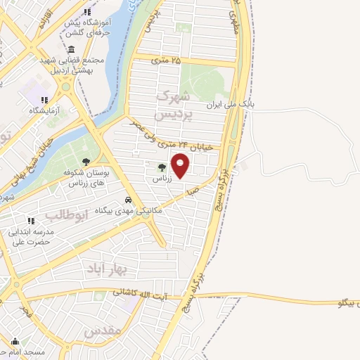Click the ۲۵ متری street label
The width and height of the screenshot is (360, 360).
click(x=166, y=60)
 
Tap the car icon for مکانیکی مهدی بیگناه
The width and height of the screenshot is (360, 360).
click(x=128, y=199)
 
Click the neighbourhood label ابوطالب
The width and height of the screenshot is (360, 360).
click(x=65, y=214)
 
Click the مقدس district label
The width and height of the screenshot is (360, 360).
click(x=103, y=330)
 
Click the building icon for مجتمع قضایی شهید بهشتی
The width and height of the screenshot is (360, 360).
click(x=73, y=49)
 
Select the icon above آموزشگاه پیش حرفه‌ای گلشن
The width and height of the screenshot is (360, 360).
click(x=87, y=13)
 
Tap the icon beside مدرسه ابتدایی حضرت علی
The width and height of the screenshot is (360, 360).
click(x=11, y=230)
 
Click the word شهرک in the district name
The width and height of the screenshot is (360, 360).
click(x=173, y=95)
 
